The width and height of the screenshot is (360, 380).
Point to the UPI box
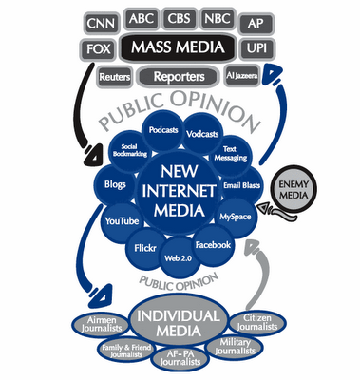coord(255,47)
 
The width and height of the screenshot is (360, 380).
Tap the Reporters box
coord(178,74)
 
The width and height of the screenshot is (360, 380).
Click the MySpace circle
coord(236,218)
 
